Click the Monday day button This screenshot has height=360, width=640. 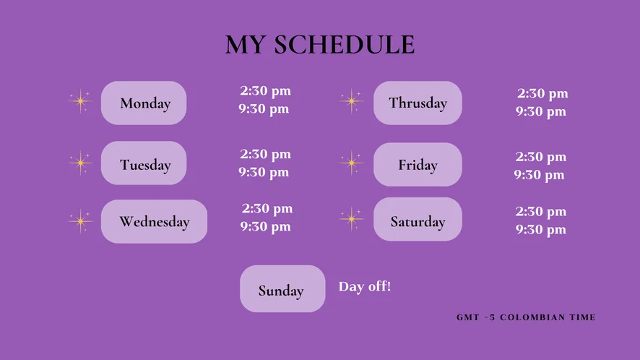[144, 103]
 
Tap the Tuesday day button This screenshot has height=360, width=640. [144, 163]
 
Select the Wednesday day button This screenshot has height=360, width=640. [155, 221]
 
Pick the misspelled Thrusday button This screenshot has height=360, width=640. [418, 103]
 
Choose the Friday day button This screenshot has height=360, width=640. [418, 165]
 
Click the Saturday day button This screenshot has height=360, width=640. [418, 220]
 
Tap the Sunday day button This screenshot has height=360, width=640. [282, 289]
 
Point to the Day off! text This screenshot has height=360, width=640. [365, 286]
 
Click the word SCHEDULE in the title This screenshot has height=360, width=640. [345, 45]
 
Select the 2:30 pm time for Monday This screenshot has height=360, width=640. [265, 90]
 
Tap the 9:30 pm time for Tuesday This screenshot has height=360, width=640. [264, 172]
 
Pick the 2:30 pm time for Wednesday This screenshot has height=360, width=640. [267, 208]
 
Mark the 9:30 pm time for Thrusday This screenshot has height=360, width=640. [541, 111]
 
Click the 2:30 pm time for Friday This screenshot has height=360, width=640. [541, 156]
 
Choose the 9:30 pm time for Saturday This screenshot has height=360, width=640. [541, 230]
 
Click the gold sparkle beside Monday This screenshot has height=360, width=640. [80, 100]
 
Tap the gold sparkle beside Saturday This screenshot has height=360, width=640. [351, 219]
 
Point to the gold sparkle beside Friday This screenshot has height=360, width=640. [351, 163]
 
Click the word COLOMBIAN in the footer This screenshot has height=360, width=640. [532, 317]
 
